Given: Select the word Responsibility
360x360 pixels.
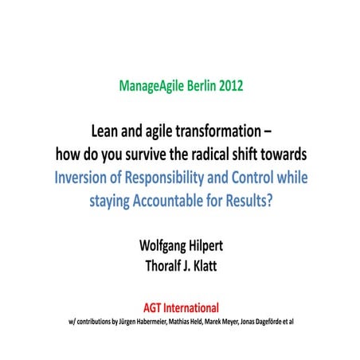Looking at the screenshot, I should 174,177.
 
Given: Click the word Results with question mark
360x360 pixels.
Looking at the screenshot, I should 247,200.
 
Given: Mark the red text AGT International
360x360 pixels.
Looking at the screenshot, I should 181,306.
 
